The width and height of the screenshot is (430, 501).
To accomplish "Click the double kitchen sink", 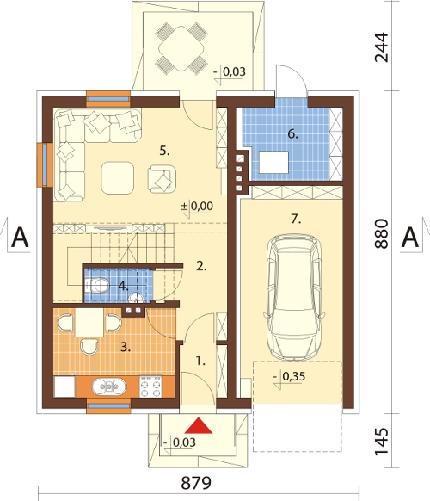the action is tap(109, 387).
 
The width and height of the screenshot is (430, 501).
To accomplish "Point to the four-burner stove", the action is tap(150, 387).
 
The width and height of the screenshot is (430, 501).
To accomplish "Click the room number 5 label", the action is tap(165, 151).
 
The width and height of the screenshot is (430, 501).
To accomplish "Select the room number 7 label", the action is tap(296, 220).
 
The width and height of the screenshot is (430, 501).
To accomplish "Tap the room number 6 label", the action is tap(292, 134).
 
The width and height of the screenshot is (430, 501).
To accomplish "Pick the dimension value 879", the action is tap(196, 483).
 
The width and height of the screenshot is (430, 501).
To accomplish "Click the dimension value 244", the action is tap(382, 47).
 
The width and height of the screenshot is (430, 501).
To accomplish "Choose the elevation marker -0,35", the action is tap(290, 378).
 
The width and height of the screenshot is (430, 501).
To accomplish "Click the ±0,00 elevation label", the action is tap(197, 207).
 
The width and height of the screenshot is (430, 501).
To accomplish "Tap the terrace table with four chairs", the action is tap(181, 48).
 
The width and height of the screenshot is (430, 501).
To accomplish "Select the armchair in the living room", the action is tap(162, 179).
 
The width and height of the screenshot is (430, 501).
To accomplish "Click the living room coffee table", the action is tap(118, 177).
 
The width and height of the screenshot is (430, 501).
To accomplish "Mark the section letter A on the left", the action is tap(20, 238).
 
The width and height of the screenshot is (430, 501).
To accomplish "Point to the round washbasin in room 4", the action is tap(136, 298).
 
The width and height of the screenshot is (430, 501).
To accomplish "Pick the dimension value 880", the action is tap(382, 233).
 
